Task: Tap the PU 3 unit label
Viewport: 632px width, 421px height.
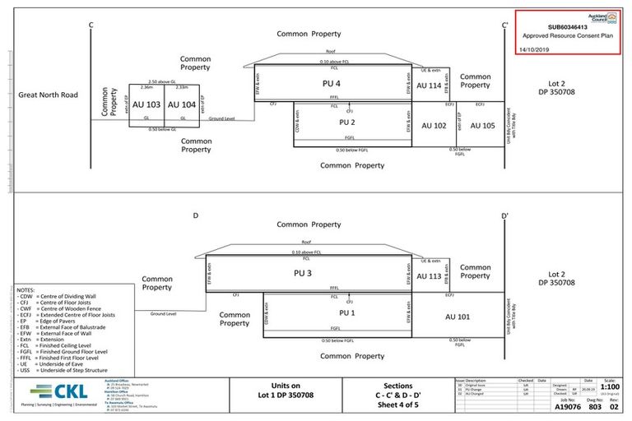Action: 304,273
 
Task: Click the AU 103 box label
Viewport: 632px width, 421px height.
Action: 146,105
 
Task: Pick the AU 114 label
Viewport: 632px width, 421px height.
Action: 429,86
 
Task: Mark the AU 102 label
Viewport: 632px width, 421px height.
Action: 434,126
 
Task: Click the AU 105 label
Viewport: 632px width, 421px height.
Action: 482,126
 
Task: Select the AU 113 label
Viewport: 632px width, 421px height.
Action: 429,276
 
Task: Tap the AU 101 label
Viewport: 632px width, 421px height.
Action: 458,317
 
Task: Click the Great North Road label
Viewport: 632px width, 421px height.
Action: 48,95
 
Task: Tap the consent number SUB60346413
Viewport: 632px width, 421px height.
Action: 567,26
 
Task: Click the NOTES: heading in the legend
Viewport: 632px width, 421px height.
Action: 26,291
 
